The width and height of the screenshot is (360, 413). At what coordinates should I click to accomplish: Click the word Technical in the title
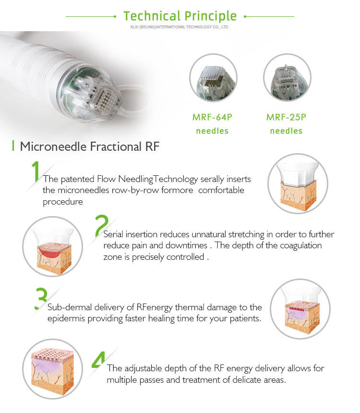pos(152,16)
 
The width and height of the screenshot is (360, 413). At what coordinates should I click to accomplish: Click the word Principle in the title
pos(210,17)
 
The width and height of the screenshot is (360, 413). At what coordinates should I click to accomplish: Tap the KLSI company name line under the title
pos(180,27)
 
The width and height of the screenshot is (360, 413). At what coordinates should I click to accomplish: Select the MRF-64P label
pos(212,117)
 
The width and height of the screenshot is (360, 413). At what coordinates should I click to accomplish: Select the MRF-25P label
pos(286,117)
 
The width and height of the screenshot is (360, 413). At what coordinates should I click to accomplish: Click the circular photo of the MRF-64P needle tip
pos(213,78)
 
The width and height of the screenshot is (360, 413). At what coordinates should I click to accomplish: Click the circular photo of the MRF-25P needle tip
pos(288,78)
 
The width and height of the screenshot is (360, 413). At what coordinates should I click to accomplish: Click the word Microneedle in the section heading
pos(53,146)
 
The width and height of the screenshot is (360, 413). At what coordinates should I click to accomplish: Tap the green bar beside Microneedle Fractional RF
pos(13,146)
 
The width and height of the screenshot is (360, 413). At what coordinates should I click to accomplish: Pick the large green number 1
pos(36,171)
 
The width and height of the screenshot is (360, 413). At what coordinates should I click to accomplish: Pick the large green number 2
pos(101,226)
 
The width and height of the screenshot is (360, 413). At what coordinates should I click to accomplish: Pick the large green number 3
pos(41,298)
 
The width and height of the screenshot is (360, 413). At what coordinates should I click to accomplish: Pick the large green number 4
pos(98,360)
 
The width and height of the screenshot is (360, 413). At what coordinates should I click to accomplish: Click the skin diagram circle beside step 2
pos(53,246)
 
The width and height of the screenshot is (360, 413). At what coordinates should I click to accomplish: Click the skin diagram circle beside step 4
pos(53,369)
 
